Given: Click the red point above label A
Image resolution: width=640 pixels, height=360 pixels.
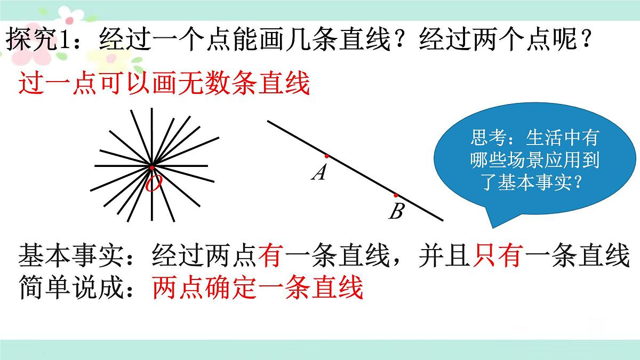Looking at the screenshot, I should [326, 156].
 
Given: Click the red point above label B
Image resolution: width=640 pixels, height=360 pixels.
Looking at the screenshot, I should [396, 195].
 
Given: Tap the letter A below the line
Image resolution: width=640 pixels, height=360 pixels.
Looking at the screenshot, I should [319, 172].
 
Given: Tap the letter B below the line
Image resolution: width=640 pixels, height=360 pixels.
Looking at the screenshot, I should [396, 212].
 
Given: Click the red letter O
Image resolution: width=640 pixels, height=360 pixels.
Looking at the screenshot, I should [153, 185].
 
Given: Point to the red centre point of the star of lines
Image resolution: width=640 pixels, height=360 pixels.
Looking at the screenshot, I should [152, 167].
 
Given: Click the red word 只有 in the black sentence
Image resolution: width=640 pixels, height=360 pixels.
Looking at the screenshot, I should [497, 257].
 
